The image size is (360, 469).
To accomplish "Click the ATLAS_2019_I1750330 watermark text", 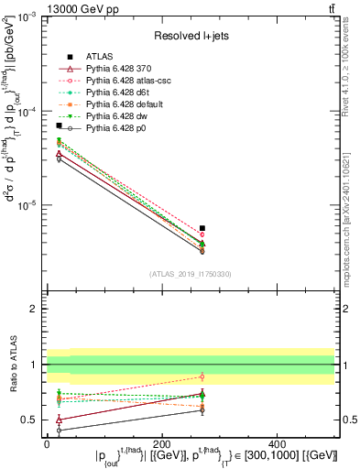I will coord(190,274).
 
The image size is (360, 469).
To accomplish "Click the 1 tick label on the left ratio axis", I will coord(36,365).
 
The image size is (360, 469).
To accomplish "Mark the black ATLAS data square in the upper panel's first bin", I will coord(60,125).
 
